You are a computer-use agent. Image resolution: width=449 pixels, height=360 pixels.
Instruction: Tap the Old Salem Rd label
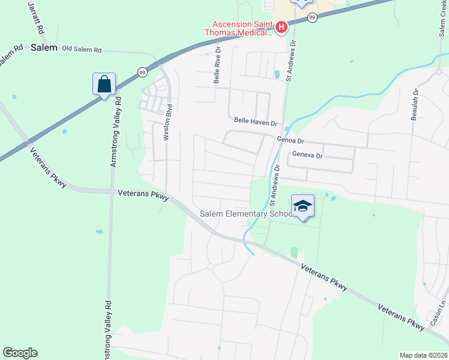coord(82,49)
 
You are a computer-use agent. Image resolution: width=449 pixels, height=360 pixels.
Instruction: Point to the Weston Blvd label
coord(169,123)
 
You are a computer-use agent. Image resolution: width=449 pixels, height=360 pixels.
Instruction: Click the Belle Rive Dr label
coord(217,66)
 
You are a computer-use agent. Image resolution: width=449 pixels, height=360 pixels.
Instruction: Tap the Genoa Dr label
coord(291,140)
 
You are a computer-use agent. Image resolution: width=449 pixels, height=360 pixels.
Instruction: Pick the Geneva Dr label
coord(307,155)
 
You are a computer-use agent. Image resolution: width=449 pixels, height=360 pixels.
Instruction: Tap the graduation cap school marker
coord(303,206)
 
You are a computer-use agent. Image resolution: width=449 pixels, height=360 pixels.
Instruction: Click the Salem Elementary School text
coord(246,214)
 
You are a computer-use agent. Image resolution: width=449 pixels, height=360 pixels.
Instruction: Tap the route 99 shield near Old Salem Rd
coord(141,71)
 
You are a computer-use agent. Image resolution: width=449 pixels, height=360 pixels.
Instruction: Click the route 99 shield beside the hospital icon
coord(312,18)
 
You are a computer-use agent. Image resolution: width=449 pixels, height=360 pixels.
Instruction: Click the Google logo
coord(20,353)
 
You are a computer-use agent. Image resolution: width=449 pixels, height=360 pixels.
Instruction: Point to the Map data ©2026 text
coord(423,355)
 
